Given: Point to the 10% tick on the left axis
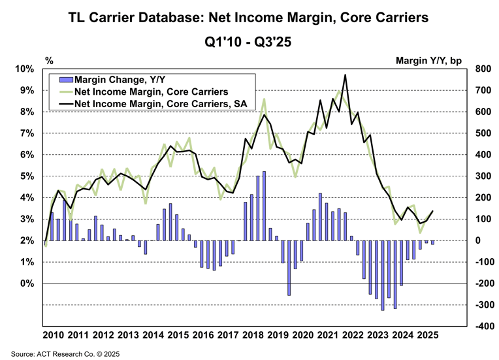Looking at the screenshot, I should pyautogui.click(x=25, y=69).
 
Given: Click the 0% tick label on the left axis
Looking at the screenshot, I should pyautogui.click(x=27, y=284).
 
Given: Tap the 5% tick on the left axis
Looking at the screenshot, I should pyautogui.click(x=27, y=176).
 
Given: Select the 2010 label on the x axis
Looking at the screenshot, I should pyautogui.click(x=54, y=335).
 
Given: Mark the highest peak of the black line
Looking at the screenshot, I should pyautogui.click(x=345, y=74).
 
